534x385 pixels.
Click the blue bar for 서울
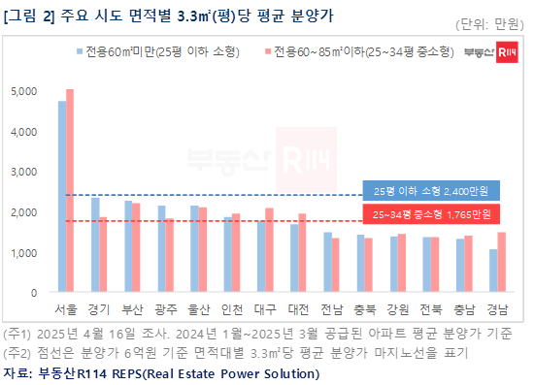tap(62, 196)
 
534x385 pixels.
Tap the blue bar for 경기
tap(95, 244)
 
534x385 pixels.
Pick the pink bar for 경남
tap(501, 262)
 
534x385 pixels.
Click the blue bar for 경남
tap(493, 271)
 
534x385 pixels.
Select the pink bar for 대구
tap(269, 249)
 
